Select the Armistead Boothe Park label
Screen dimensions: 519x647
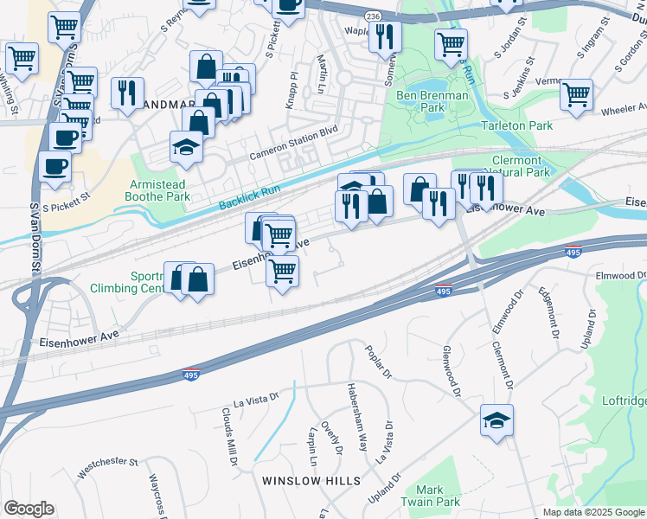(x=159, y=190)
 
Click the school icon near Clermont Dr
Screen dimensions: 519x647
(x=497, y=421)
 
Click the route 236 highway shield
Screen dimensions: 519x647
(x=373, y=16)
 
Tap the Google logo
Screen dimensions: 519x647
(x=29, y=509)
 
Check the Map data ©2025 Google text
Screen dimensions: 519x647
(x=593, y=512)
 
